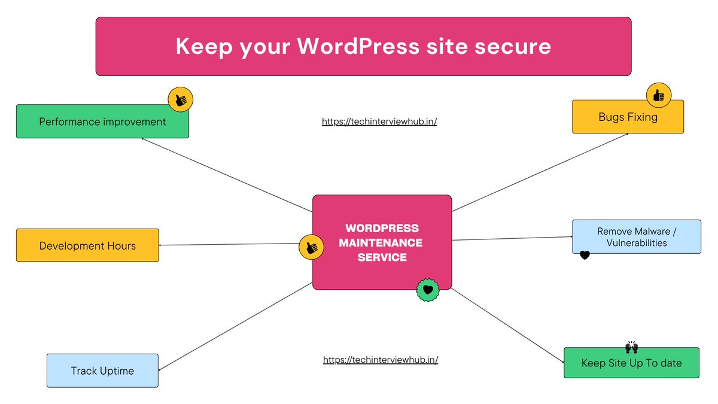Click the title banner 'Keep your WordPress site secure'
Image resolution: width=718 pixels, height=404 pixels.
click(363, 46)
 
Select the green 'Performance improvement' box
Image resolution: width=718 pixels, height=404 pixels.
click(102, 121)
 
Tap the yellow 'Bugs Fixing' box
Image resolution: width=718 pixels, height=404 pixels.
click(628, 117)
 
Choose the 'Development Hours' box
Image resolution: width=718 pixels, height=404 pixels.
click(87, 245)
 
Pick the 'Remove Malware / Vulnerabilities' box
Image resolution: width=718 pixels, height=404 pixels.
click(636, 236)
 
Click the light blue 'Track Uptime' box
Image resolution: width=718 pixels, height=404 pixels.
click(102, 370)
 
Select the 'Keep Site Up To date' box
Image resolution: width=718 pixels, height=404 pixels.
click(631, 363)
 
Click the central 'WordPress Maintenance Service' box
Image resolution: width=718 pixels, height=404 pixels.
click(382, 242)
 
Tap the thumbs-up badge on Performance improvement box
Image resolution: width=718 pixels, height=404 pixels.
click(180, 99)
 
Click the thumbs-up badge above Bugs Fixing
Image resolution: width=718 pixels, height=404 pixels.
click(659, 95)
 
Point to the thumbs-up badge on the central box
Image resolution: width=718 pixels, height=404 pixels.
click(311, 247)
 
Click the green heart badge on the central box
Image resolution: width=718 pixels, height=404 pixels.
click(428, 290)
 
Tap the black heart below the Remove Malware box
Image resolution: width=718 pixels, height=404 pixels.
click(585, 256)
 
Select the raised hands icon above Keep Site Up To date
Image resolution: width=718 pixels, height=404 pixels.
click(631, 347)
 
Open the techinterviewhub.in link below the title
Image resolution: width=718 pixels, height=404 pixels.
click(379, 121)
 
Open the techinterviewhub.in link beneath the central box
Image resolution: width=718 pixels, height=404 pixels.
click(381, 360)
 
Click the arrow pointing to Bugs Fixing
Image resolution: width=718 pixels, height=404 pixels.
click(540, 172)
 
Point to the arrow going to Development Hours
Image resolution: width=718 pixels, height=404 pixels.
click(233, 244)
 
